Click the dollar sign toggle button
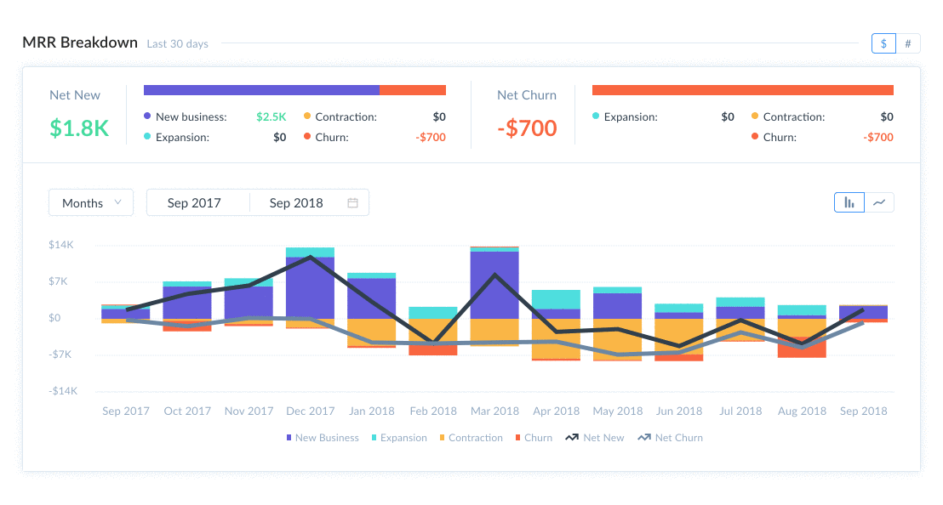(883, 43)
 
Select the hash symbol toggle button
(908, 43)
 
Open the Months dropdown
(91, 203)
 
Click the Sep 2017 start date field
(194, 203)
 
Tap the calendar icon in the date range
(352, 203)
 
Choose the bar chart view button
(849, 202)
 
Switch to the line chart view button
(880, 202)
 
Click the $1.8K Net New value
(79, 128)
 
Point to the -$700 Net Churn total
(527, 128)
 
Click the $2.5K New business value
(271, 116)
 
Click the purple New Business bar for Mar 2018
(494, 285)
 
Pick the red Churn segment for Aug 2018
(802, 348)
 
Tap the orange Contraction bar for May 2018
(617, 339)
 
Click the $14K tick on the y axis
(61, 245)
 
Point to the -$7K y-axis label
(61, 355)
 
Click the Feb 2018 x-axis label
(432, 411)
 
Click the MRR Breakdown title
(80, 43)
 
